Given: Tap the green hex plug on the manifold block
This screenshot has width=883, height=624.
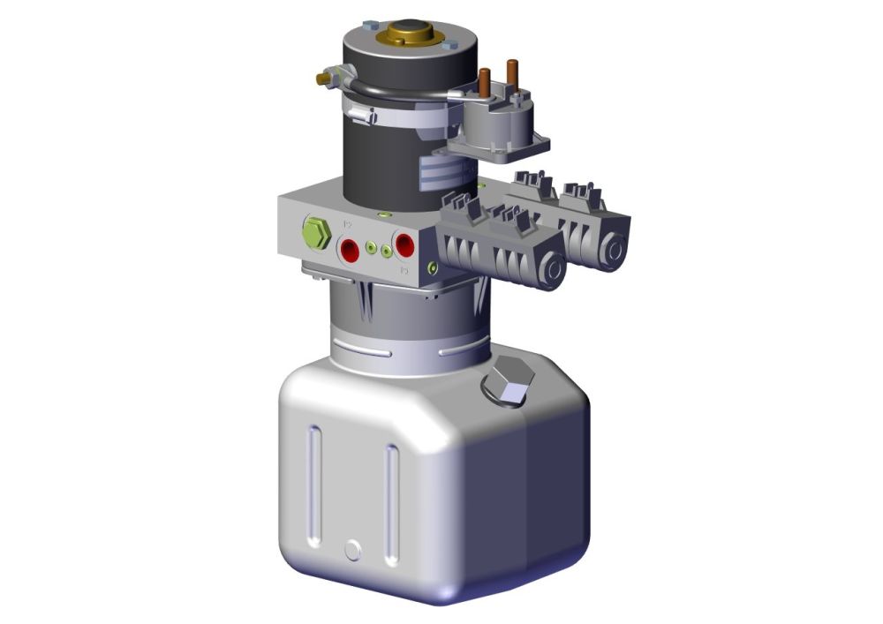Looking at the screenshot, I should pyautogui.click(x=316, y=234).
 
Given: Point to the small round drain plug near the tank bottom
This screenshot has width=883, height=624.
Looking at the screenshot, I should pyautogui.click(x=353, y=550).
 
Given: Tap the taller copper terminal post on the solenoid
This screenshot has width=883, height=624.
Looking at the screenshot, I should pyautogui.click(x=511, y=74).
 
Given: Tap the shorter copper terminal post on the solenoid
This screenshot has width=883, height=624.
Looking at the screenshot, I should pyautogui.click(x=484, y=84).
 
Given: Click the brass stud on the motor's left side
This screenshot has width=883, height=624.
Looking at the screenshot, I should pyautogui.click(x=324, y=79).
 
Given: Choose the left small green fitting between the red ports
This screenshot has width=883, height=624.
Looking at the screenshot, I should pyautogui.click(x=372, y=247).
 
